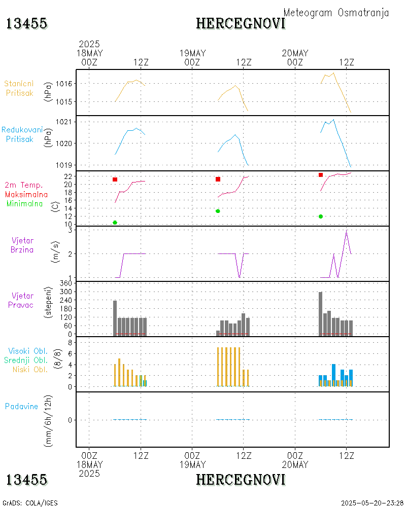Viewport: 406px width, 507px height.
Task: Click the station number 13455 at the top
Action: coord(27,23)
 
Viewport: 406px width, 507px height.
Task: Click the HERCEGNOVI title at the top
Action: coord(241,23)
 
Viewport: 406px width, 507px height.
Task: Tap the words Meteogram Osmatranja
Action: coord(336,13)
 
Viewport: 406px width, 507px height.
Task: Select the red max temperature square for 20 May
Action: coord(321,175)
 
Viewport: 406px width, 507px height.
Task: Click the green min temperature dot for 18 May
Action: coord(115,223)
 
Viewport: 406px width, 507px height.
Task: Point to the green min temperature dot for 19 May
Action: coord(218,211)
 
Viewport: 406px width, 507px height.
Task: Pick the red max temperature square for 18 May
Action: coord(115,179)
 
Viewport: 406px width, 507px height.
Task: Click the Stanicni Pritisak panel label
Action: coord(19,88)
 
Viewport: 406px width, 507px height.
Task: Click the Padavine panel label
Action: coord(21,406)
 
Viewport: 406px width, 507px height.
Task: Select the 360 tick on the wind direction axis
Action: coord(67,283)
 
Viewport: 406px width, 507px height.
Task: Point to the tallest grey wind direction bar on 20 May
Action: coord(321,313)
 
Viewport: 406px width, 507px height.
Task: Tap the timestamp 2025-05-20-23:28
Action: coord(372,503)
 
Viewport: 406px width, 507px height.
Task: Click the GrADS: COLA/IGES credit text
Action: coord(30,503)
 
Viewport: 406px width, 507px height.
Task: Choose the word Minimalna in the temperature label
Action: coord(25,204)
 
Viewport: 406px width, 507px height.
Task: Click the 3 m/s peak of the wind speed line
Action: coord(347,231)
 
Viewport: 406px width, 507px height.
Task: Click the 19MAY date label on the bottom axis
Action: coord(192,465)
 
